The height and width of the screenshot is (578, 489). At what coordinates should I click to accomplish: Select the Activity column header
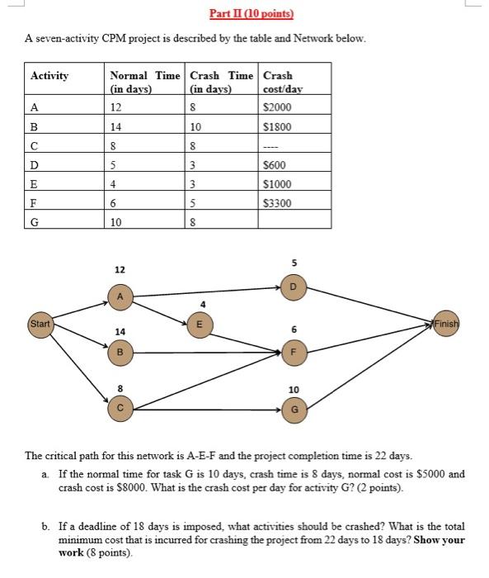pyautogui.click(x=49, y=76)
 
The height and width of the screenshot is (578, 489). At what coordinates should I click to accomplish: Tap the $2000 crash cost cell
pyautogui.click(x=276, y=108)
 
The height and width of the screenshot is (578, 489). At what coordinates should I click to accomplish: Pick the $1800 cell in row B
pyautogui.click(x=276, y=127)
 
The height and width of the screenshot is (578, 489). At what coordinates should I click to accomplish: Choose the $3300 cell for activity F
pyautogui.click(x=276, y=202)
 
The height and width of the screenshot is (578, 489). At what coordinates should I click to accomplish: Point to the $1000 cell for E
pyautogui.click(x=276, y=183)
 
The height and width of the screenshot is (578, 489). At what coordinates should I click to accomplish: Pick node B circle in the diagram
pyautogui.click(x=120, y=353)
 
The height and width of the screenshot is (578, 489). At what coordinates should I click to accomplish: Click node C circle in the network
pyautogui.click(x=120, y=407)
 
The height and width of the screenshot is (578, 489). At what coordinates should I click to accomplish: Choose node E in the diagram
pyautogui.click(x=197, y=324)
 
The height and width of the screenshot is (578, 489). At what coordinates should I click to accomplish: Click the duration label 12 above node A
pyautogui.click(x=120, y=270)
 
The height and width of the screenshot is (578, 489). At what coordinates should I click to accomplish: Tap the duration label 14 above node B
pyautogui.click(x=120, y=331)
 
